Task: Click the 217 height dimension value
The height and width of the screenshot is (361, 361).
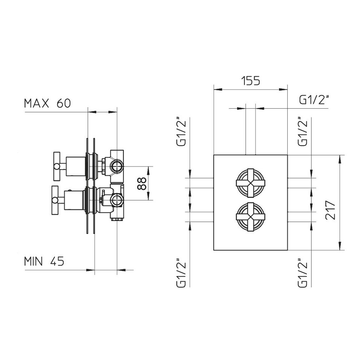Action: click(331, 210)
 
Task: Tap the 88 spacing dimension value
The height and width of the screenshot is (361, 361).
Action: click(142, 183)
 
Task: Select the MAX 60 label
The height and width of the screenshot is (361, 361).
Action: click(47, 103)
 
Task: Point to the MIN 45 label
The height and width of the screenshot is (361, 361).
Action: click(44, 261)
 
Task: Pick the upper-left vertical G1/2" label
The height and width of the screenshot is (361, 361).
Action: click(181, 132)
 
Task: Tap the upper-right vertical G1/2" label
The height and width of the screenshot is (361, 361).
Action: click(303, 132)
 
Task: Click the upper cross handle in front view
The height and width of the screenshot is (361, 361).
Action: click(251, 183)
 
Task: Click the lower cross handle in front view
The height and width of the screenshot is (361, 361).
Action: click(251, 217)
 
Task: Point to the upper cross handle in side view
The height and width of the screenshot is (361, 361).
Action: click(57, 166)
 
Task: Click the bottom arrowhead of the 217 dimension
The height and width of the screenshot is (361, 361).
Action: click(340, 246)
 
